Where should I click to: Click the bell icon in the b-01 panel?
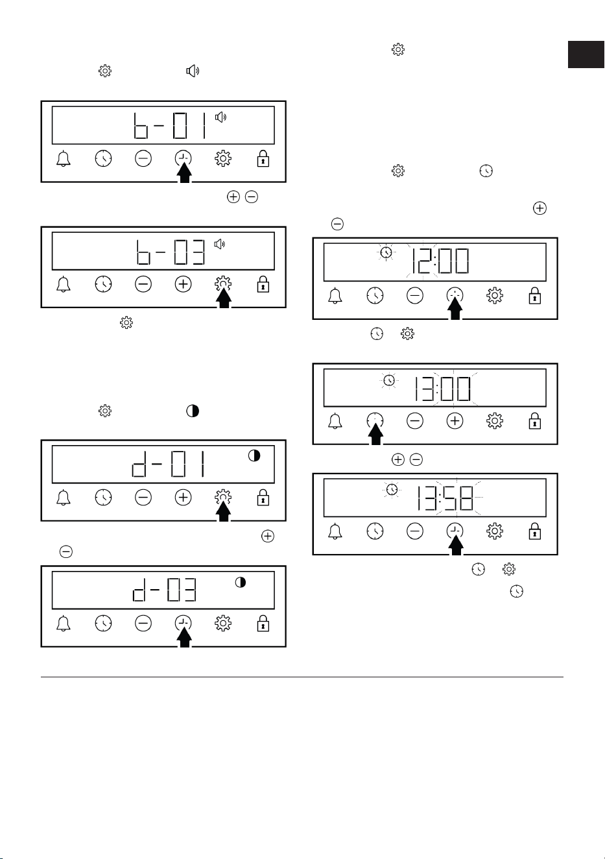[64, 159]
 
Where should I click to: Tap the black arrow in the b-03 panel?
[224, 298]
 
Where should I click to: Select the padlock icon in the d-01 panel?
[263, 498]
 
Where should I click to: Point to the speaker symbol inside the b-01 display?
[221, 117]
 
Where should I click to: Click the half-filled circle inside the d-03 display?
[241, 583]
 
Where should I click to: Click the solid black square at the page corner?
[586, 54]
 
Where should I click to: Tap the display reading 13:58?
[434, 498]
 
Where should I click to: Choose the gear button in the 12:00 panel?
[495, 296]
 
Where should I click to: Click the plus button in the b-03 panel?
[184, 284]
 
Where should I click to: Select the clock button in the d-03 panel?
[104, 623]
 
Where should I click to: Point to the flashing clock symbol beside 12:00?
[386, 252]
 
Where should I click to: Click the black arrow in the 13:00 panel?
[375, 435]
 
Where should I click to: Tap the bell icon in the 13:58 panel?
[335, 531]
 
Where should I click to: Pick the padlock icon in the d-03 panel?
[263, 623]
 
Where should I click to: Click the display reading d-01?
[163, 465]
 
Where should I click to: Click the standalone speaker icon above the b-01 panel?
[193, 71]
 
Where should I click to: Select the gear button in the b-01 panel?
[223, 159]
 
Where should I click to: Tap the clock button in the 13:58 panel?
[375, 531]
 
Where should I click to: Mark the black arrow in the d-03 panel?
[184, 638]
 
